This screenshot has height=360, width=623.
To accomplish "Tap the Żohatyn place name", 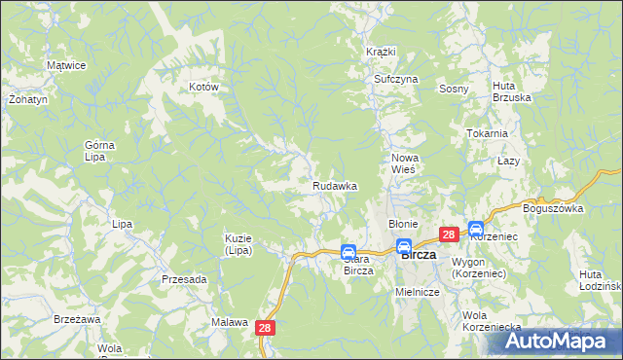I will coord(21,99).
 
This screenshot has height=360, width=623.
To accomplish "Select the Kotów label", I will coord(203,87).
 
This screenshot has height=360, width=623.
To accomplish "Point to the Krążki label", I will coord(380,51).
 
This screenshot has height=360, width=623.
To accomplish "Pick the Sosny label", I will coord(454,89).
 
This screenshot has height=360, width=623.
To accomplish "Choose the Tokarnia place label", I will coord(487,133).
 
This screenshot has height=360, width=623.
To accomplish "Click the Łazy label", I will coord(506,160).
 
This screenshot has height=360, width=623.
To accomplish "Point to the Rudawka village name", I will coord(334,185).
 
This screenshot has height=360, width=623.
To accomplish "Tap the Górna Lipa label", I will coord(99,151).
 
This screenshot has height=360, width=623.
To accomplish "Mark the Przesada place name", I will coord(184,279).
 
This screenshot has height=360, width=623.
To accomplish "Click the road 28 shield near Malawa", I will coord(267,330).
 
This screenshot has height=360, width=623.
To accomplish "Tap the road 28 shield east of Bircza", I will coord(449,234).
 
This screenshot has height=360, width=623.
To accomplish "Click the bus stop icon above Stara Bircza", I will coord(348,252).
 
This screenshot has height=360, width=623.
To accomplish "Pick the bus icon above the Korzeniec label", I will coord(476,230).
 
